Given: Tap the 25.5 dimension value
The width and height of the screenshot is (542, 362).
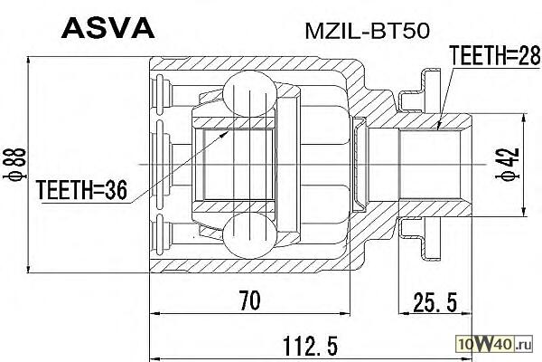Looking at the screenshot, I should [x=434, y=299].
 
